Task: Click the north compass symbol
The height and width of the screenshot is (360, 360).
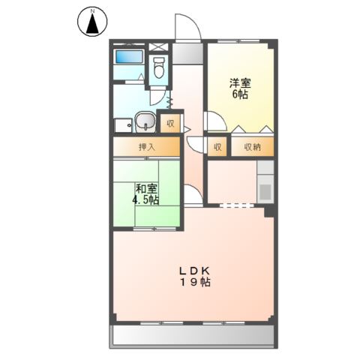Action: coord(92,25)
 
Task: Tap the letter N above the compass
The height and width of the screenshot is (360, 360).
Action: coord(92,10)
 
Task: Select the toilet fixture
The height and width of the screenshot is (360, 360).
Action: coord(159,70)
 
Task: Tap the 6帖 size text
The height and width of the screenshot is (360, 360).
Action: coord(240,96)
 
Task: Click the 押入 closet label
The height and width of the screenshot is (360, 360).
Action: coord(147,147)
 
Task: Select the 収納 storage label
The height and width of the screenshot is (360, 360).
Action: coord(251,147)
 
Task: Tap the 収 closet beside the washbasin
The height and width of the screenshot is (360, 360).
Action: coord(169,122)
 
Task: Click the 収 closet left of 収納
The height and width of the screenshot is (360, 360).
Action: coord(217,147)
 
